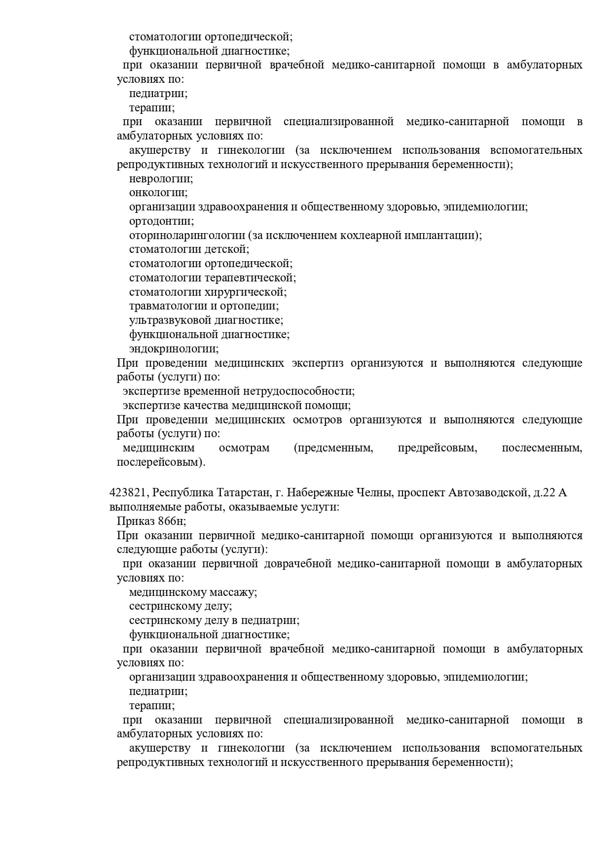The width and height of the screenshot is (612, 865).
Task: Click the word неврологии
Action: coord(161,178)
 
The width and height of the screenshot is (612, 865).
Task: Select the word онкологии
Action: coord(158,193)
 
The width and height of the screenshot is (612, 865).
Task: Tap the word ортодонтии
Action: coord(161,221)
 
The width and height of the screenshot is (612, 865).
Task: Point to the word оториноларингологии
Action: coord(187,235)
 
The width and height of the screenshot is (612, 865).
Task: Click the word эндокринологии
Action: coord(174,349)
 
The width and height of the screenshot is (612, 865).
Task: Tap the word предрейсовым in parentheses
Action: coord(437,448)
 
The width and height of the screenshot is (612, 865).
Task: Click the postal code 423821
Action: coord(129,492)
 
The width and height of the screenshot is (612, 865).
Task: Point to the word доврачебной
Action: coord(297,563)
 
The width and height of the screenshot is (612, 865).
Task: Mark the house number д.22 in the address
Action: coord(544,492)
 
